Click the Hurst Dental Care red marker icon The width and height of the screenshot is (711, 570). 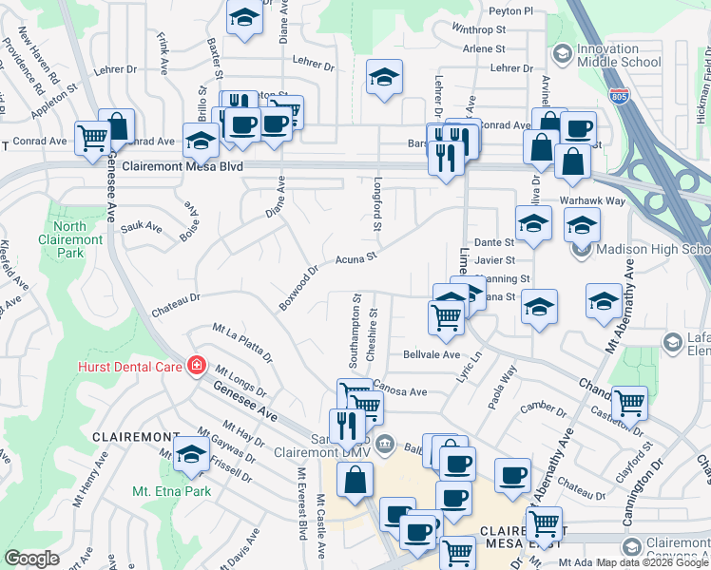(197, 365)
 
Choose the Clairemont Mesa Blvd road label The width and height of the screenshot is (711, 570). (188, 166)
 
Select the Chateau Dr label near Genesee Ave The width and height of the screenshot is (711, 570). (176, 297)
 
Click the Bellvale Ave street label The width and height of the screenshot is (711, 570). (432, 354)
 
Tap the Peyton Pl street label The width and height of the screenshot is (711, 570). (510, 11)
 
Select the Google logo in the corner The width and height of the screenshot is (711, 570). (32, 559)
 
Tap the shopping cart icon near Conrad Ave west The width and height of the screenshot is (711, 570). (92, 138)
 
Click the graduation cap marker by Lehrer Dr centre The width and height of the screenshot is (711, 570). (384, 78)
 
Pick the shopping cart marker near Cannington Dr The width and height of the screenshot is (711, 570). (629, 403)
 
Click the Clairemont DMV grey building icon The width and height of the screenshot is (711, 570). (386, 442)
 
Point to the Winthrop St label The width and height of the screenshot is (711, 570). (478, 29)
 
